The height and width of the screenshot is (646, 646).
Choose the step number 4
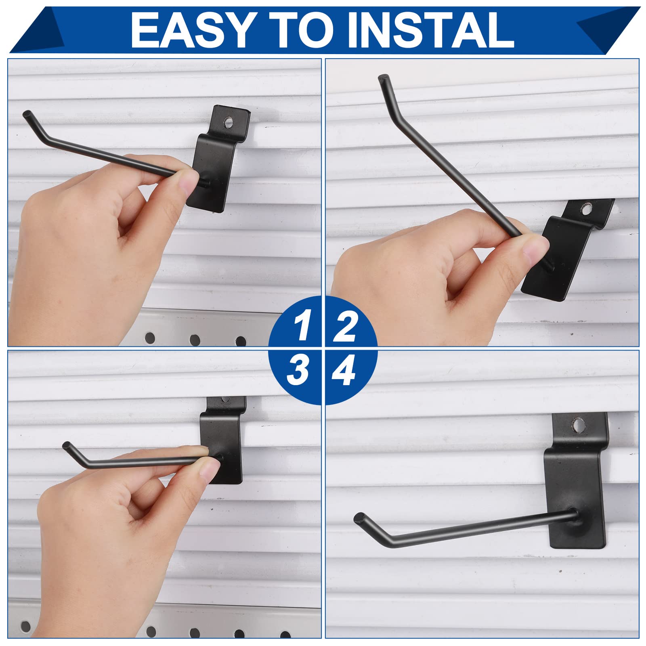pos(344,371)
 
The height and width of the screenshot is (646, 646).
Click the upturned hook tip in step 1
pos(27,114)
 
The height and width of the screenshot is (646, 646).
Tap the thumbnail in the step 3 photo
pos(206,470)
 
